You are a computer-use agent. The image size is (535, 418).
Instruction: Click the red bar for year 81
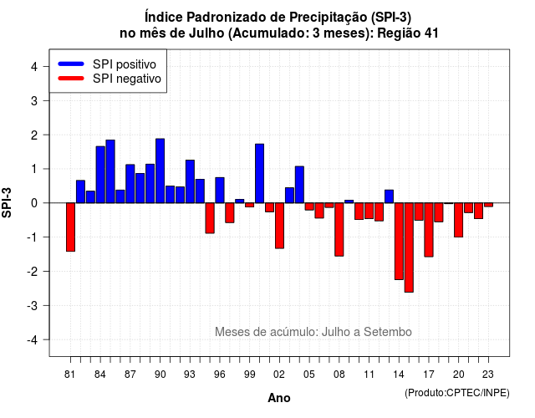(x=70, y=227)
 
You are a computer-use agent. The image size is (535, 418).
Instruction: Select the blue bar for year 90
(x=160, y=171)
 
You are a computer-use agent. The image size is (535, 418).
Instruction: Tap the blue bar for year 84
(x=100, y=175)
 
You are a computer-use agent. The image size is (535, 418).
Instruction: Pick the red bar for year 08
(x=339, y=229)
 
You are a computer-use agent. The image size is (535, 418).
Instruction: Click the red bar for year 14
(x=399, y=242)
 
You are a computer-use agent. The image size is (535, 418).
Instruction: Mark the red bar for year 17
(x=429, y=230)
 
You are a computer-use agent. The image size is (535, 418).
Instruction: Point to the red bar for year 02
(x=279, y=226)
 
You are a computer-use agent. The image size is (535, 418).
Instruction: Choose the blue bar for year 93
(x=190, y=181)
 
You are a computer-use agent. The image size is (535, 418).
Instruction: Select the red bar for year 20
(x=459, y=220)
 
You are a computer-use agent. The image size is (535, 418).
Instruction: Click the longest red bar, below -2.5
(x=409, y=247)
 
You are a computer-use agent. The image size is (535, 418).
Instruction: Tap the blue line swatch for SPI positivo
(x=71, y=64)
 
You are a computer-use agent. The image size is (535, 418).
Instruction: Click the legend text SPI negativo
(x=127, y=79)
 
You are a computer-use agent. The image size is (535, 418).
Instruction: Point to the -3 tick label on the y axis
(x=33, y=306)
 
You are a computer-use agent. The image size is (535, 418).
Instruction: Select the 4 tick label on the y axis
(x=34, y=67)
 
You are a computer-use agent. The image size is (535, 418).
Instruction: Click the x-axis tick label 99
(x=250, y=375)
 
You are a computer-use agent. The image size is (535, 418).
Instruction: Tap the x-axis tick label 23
(x=488, y=375)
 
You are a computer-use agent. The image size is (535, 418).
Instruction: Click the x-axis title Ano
(x=279, y=398)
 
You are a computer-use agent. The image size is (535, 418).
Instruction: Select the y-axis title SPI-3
(x=7, y=202)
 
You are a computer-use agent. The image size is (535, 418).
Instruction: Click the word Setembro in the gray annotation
(x=388, y=332)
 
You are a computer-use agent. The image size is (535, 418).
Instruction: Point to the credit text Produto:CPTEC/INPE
(x=457, y=393)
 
